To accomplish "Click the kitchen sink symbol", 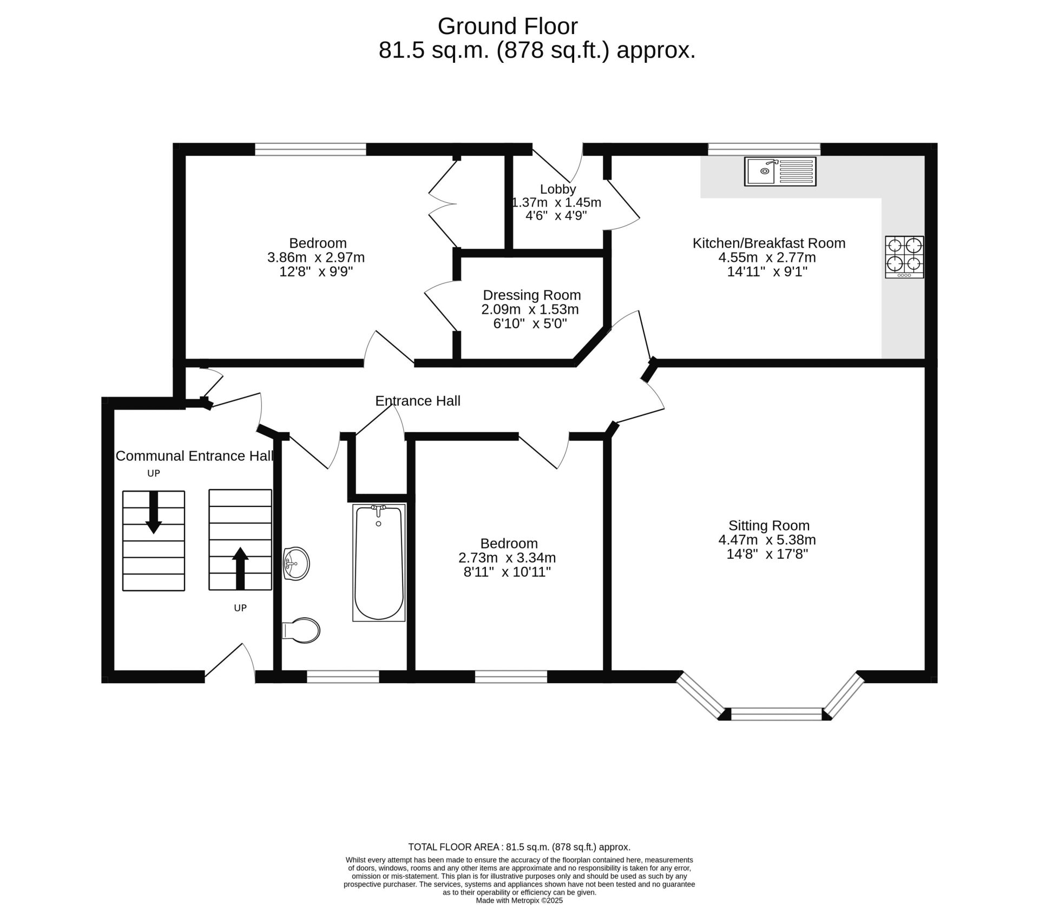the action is coord(780,171).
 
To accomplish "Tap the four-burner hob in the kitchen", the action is coord(904,257).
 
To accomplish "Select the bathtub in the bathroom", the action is coord(379,563).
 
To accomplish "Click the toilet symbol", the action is coord(301,630).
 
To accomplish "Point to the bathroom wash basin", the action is coord(296,564).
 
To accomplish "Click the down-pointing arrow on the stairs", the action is coord(154,512).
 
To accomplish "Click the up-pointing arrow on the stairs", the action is coord(240,568).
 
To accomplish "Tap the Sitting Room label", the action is coord(768,525).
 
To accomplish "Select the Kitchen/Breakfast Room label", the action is coord(769,243).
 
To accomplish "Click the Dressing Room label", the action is coord(532,295).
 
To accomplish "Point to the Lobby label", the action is coord(558,189).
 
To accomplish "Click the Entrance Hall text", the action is coord(418,401).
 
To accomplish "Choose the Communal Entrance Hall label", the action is coord(195,456).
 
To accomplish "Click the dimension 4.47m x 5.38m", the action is coord(767,540).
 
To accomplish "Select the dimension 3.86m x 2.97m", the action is coord(316,257).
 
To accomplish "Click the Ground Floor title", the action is coord(508,26).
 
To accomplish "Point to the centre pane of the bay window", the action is coord(777,714).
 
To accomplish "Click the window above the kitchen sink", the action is coord(764,149).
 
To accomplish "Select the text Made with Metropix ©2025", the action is coord(519,901).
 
